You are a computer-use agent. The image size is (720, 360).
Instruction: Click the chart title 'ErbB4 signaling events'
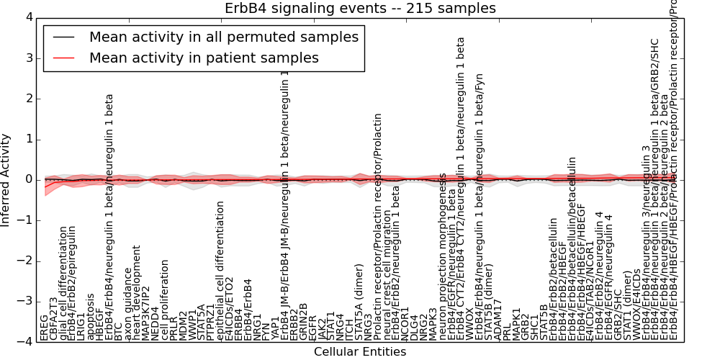coord(361,8)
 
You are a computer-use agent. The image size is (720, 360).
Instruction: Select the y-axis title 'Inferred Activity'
coord(6,179)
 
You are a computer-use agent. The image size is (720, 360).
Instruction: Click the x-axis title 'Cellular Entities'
coord(360,352)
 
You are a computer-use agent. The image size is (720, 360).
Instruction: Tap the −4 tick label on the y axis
coord(24,342)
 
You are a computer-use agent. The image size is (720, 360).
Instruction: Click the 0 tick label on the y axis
coord(28,179)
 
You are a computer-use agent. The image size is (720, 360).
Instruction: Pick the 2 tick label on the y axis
coord(28,99)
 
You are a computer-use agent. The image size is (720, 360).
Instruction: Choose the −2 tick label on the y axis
coord(24,261)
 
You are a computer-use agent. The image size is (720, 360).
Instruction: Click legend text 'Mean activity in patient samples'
coord(204,58)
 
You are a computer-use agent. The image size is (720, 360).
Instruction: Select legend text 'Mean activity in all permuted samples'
coord(224,37)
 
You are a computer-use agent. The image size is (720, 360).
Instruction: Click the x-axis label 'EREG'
coord(45,328)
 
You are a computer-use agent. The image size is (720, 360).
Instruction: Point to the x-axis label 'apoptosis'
coord(91,316)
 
